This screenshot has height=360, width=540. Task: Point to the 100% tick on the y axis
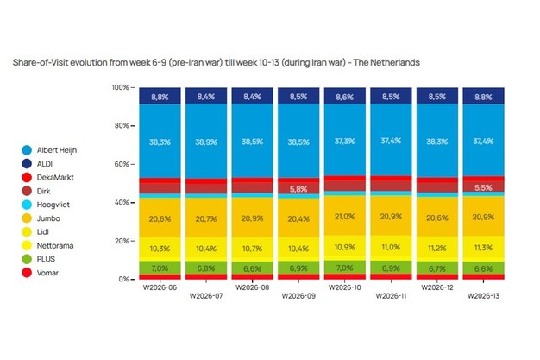click(x=120, y=88)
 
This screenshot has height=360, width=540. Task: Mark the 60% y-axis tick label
click(x=122, y=164)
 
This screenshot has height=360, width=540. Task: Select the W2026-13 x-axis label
click(x=484, y=295)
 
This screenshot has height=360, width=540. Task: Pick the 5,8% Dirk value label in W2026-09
click(x=298, y=188)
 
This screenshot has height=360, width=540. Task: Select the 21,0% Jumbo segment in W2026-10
click(x=344, y=216)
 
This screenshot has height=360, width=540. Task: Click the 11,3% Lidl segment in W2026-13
click(x=484, y=247)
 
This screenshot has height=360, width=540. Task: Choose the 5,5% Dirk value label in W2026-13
click(x=484, y=187)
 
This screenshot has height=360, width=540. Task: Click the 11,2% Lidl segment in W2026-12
click(x=437, y=247)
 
